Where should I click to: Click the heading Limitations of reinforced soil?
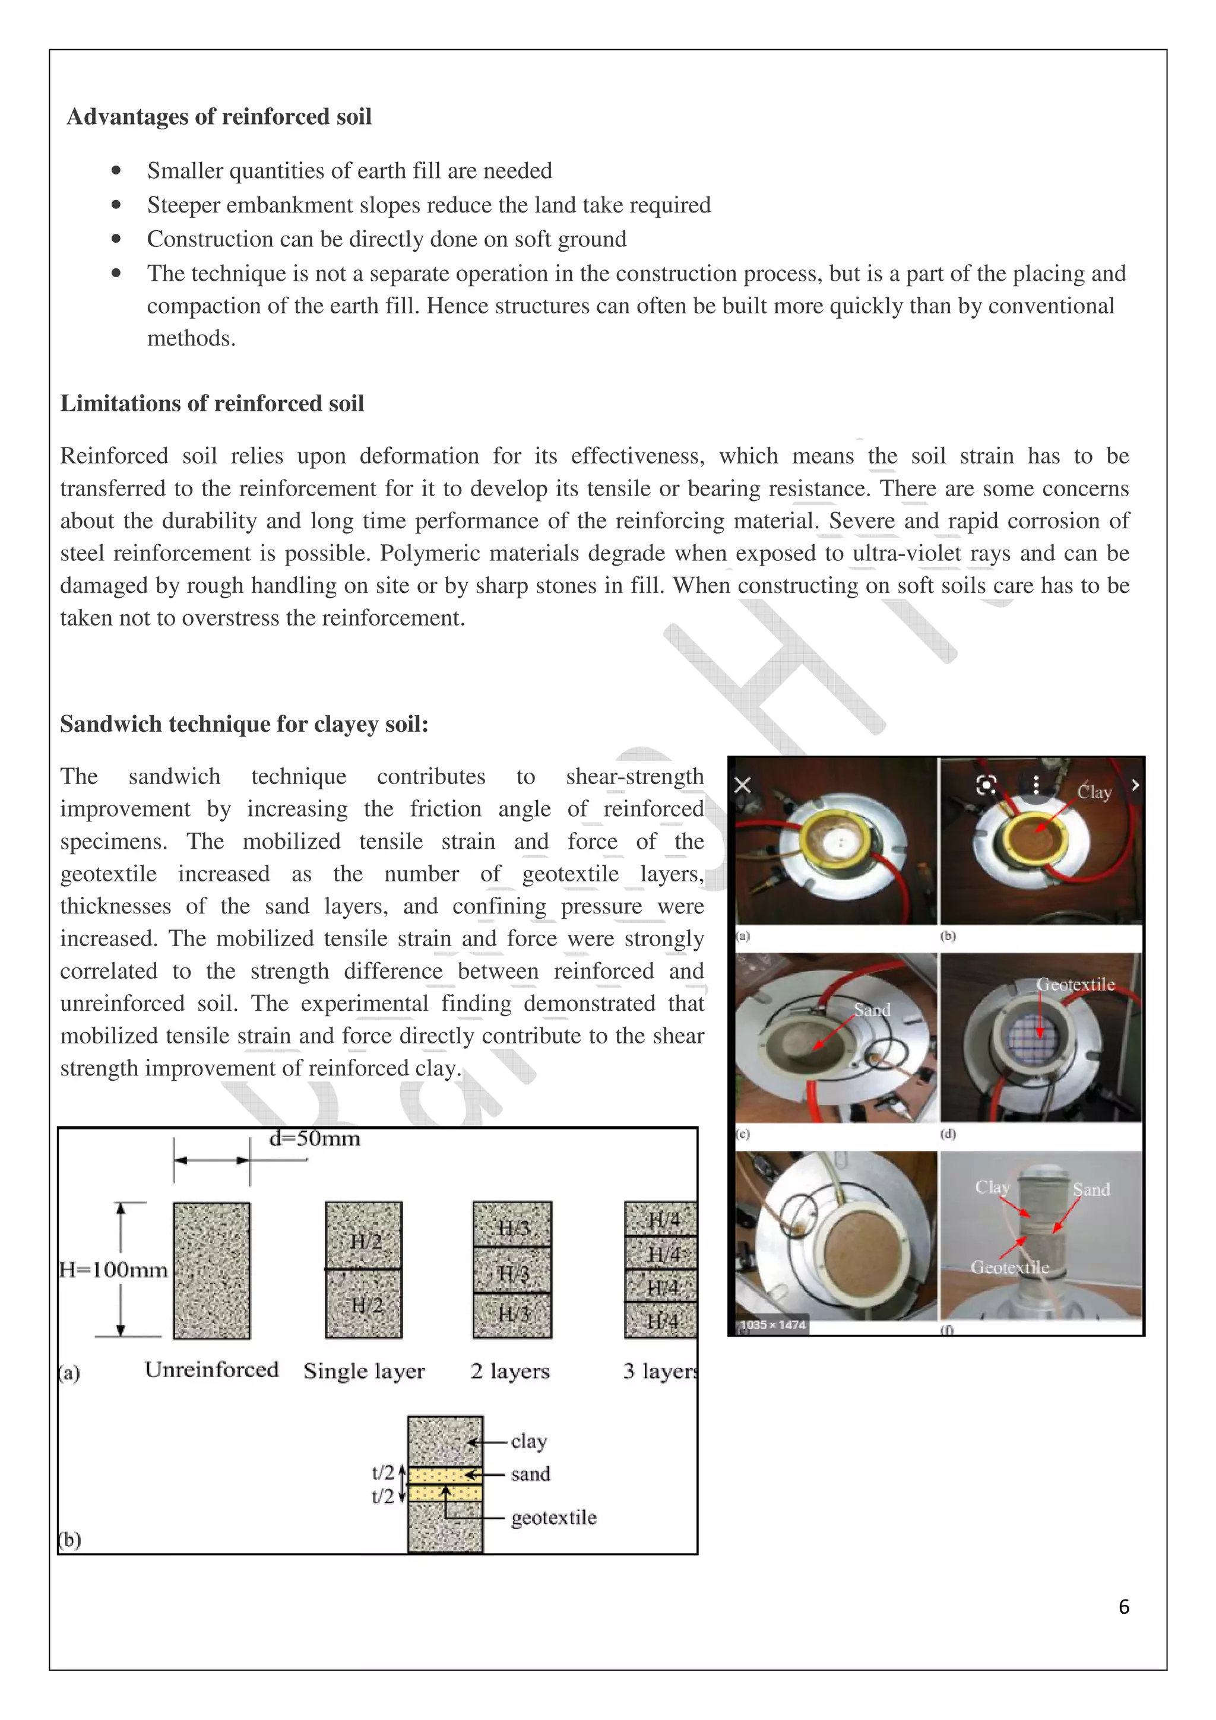point(212,404)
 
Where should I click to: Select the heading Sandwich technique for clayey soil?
point(243,725)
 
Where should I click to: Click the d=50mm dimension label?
point(315,1140)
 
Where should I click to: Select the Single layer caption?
point(364,1371)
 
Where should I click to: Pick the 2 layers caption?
point(509,1371)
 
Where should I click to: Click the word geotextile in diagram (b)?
point(554,1518)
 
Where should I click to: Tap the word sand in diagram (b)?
point(530,1474)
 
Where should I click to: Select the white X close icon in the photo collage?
point(743,785)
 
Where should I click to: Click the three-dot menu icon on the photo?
point(1035,785)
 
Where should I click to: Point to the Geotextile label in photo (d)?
point(1075,985)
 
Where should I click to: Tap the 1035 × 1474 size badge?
point(772,1325)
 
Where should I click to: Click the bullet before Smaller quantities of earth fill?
point(116,171)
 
